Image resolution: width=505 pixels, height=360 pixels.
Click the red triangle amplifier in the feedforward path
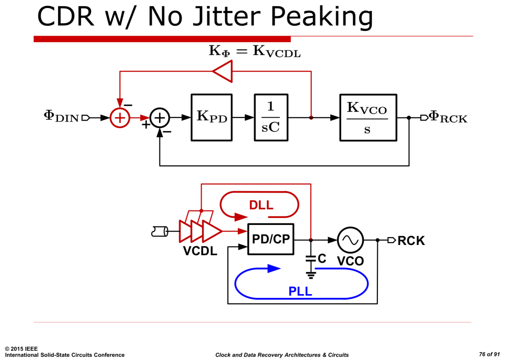[222, 71]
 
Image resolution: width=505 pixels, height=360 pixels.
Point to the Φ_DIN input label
[61, 116]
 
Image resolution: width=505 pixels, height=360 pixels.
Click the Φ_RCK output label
[448, 117]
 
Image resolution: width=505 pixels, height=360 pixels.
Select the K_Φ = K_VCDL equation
[255, 51]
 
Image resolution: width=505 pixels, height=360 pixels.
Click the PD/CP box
[271, 239]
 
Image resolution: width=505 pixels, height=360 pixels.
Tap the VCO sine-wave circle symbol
[350, 240]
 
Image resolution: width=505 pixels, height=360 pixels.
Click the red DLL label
[261, 205]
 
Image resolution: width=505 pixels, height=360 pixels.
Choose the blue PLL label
[300, 291]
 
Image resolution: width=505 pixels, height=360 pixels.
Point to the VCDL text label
[200, 251]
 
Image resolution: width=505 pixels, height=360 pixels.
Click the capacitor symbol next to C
[311, 258]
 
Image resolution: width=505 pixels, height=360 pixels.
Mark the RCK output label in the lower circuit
[411, 241]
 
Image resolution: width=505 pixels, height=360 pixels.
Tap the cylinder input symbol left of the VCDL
[160, 231]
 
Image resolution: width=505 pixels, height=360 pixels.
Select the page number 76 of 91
[489, 354]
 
